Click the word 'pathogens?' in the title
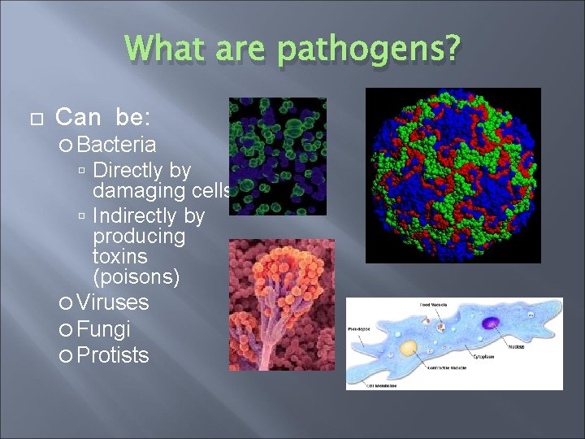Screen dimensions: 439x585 (x=368, y=50)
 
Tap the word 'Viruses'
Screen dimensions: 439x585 (x=113, y=303)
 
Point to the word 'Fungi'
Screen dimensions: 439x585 (x=103, y=329)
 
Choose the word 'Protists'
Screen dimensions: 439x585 (x=113, y=355)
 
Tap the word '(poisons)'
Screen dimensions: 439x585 (x=136, y=277)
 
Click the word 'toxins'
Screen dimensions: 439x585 (x=120, y=257)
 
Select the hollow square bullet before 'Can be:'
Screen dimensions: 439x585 (x=33, y=120)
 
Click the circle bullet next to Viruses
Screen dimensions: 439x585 (x=65, y=304)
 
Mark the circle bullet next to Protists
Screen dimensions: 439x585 (x=65, y=356)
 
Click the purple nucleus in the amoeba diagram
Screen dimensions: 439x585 (x=491, y=323)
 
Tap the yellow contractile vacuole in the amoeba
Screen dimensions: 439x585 (x=409, y=348)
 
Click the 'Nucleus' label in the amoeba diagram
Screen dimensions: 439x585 (x=516, y=346)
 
